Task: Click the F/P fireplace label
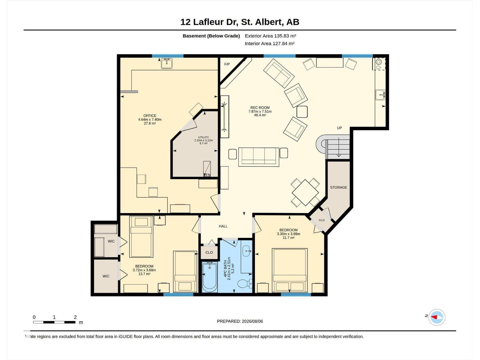click(x=227, y=64)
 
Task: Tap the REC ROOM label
click(x=260, y=107)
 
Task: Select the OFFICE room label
click(x=150, y=115)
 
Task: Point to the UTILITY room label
click(x=203, y=137)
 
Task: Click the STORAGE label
click(x=338, y=187)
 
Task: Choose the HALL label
click(x=223, y=226)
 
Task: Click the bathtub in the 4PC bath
click(x=210, y=277)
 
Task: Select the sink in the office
click(x=166, y=63)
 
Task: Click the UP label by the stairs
click(x=339, y=128)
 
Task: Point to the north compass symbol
click(x=436, y=317)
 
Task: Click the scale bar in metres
click(x=54, y=322)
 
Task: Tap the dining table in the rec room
click(x=305, y=193)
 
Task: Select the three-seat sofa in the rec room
click(x=259, y=157)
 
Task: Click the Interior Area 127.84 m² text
click(x=269, y=43)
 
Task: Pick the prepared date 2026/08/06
click(x=252, y=321)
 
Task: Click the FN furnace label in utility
click(x=208, y=175)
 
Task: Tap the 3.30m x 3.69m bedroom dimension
click(x=288, y=234)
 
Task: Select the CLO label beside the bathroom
click(x=209, y=253)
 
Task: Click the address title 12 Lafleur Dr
click(x=209, y=22)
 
